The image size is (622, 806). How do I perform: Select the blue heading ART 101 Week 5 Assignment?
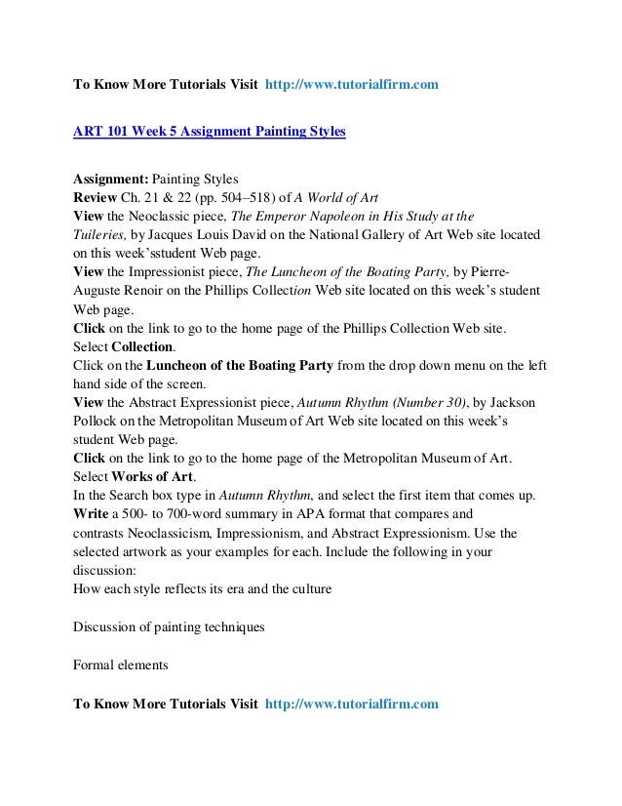[x=210, y=130]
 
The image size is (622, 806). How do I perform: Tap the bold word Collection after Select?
[x=144, y=345]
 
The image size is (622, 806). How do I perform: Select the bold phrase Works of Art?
[x=153, y=475]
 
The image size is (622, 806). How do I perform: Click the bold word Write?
[x=95, y=512]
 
